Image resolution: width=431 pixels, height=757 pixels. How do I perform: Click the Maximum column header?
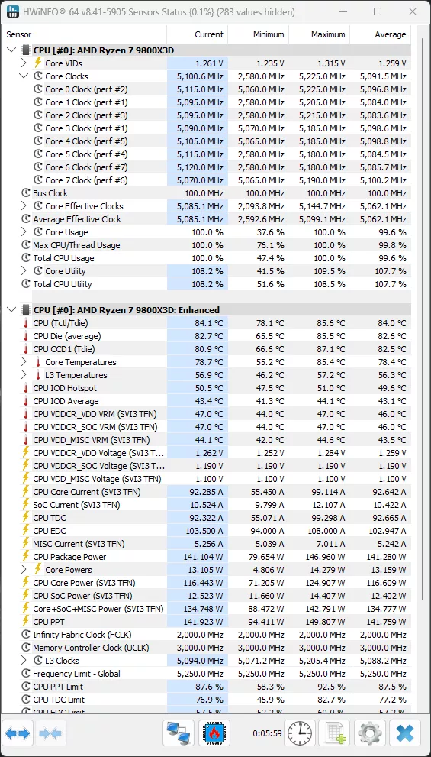pos(328,34)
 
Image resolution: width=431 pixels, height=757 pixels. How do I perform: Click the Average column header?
pos(390,34)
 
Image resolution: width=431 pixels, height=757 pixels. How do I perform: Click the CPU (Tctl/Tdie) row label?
pos(60,323)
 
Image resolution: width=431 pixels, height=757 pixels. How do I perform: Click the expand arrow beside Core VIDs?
pos(24,63)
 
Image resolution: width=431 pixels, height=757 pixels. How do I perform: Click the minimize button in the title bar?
pos(341,11)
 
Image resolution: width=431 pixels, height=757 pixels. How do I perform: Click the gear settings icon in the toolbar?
pos(370,733)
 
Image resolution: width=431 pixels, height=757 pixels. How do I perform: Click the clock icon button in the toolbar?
pos(300,733)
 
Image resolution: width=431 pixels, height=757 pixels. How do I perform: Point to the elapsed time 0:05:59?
pos(267,733)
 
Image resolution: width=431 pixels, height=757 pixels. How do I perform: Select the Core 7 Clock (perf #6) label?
pos(86,180)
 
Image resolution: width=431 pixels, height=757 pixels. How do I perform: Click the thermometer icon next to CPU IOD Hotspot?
pos(26,388)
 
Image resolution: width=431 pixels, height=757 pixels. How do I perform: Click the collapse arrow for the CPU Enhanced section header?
pos(11,310)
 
